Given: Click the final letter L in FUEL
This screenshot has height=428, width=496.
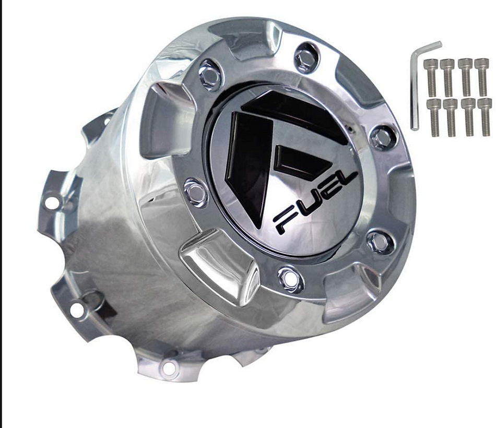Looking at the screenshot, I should point(349,181).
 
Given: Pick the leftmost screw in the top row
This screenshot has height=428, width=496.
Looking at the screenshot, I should point(431,76).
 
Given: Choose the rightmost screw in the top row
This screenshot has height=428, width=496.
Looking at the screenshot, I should point(481,76).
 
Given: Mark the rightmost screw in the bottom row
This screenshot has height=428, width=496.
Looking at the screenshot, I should point(485,116).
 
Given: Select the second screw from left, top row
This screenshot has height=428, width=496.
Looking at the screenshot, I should point(447,76).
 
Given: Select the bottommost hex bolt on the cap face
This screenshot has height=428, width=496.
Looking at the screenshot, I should point(290,279).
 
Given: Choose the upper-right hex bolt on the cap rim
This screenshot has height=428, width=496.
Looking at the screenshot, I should point(383,137).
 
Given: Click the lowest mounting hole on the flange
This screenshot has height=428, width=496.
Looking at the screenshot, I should point(169,367).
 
